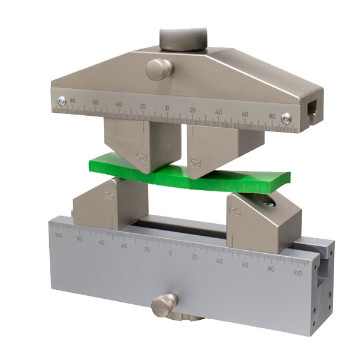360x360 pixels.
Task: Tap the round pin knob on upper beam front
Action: (x=160, y=68)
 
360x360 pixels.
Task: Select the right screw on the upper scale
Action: (x=286, y=118)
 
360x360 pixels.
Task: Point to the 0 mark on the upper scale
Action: (x=167, y=108)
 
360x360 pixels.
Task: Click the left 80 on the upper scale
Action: (x=74, y=101)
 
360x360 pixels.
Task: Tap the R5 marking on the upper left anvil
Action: (x=142, y=157)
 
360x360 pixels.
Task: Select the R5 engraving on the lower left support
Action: (x=109, y=195)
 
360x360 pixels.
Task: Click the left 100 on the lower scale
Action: (x=58, y=236)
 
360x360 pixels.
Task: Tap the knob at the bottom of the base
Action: (x=164, y=305)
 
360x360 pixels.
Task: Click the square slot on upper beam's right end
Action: (x=313, y=110)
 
